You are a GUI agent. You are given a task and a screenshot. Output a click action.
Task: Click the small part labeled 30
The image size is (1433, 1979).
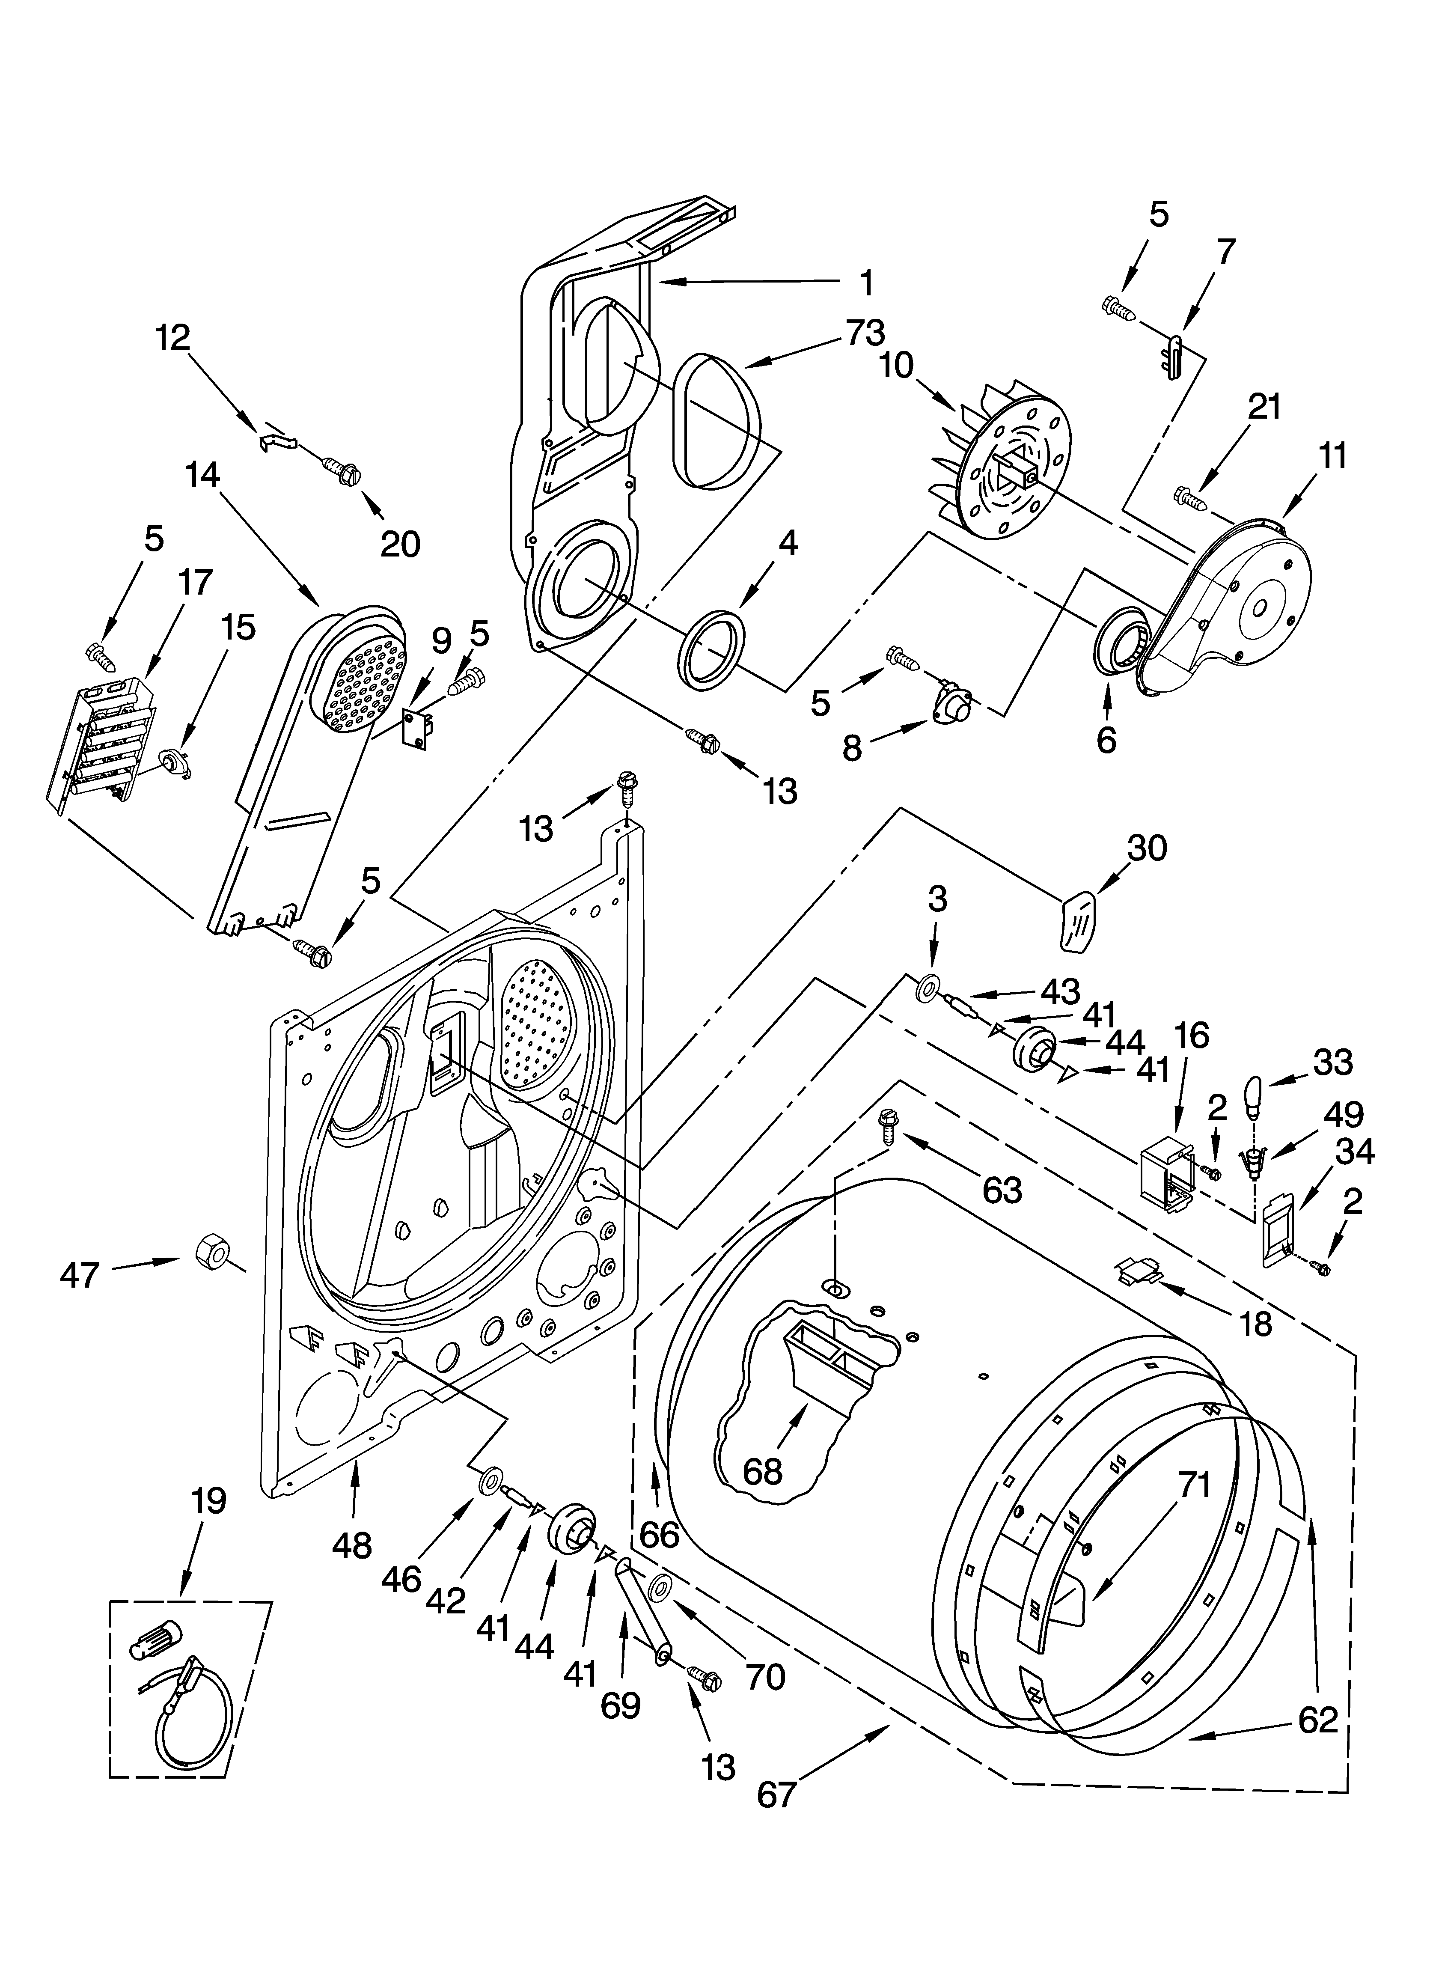tap(1079, 922)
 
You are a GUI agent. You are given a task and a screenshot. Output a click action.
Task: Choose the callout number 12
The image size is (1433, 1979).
tap(173, 338)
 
